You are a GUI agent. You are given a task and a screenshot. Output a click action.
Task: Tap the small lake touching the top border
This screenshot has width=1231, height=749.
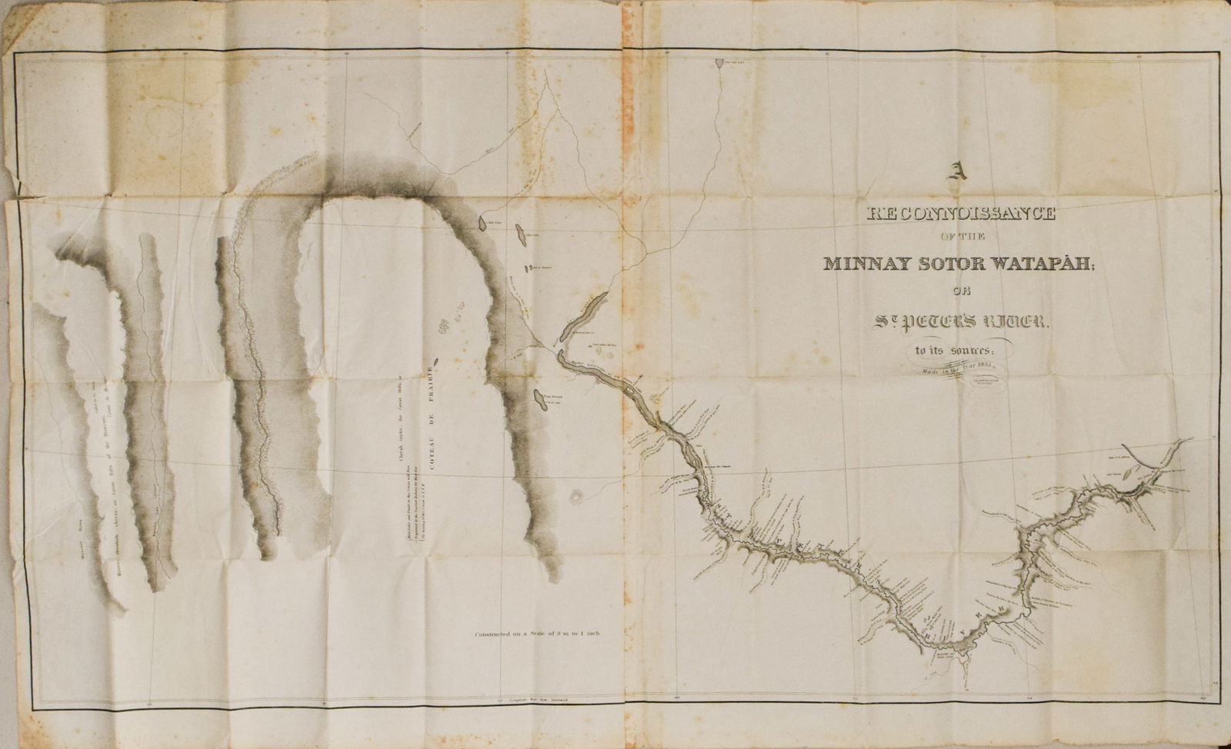[x=719, y=62]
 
